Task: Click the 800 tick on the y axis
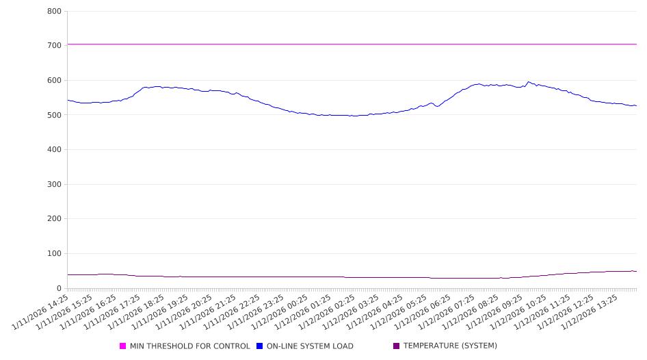(55, 12)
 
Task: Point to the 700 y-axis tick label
(55, 46)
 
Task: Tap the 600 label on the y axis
(55, 81)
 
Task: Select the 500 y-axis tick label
(55, 115)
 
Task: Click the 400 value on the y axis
(55, 150)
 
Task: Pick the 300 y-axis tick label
(55, 185)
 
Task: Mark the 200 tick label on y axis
(55, 219)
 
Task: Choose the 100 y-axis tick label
(55, 254)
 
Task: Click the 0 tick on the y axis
(60, 289)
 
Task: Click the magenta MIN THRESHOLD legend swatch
(123, 346)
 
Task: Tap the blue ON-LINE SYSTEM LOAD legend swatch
(260, 346)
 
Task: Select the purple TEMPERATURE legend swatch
(397, 346)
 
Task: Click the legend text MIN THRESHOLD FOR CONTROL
(190, 346)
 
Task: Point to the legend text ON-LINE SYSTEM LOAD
(310, 346)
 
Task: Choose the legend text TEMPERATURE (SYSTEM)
(450, 346)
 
